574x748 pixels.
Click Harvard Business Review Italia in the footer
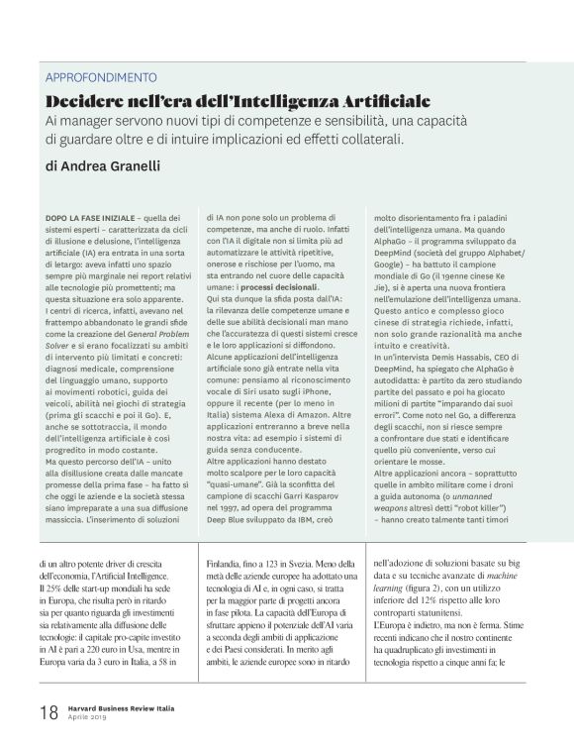(x=126, y=706)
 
